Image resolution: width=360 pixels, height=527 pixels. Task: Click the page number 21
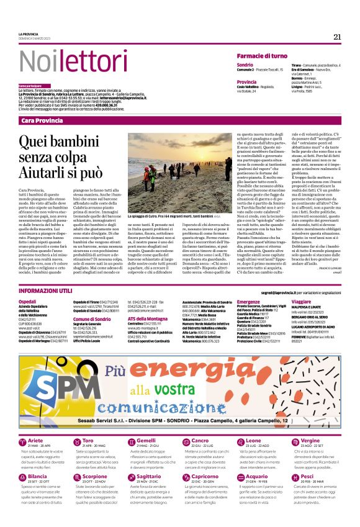click(x=337, y=37)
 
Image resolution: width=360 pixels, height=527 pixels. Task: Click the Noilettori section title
click(x=55, y=61)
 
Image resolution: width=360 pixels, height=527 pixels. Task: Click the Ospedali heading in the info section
click(x=27, y=300)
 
